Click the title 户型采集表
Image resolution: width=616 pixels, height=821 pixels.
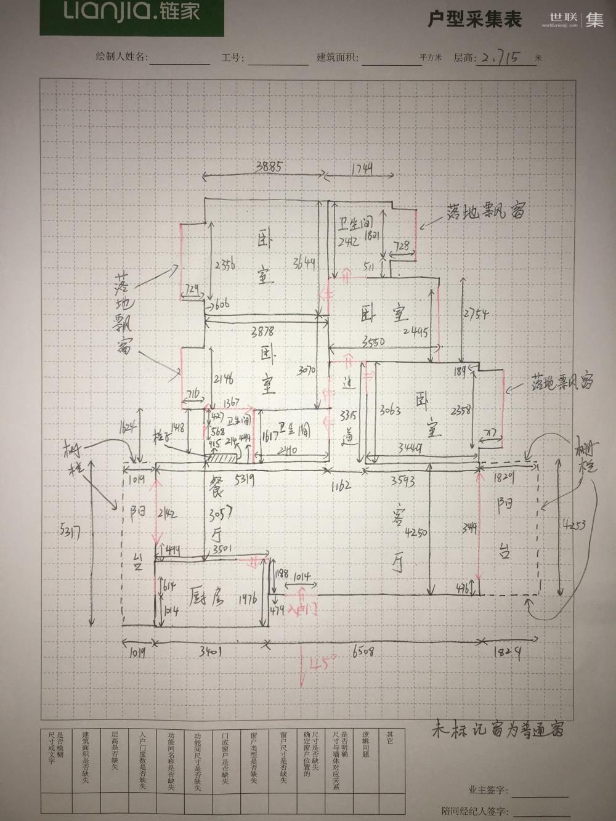[x=475, y=20]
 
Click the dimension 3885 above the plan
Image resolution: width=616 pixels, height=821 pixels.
[x=259, y=166]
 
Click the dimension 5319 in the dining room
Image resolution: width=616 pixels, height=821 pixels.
[x=236, y=477]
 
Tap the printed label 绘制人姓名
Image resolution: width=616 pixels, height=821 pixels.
[x=120, y=57]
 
